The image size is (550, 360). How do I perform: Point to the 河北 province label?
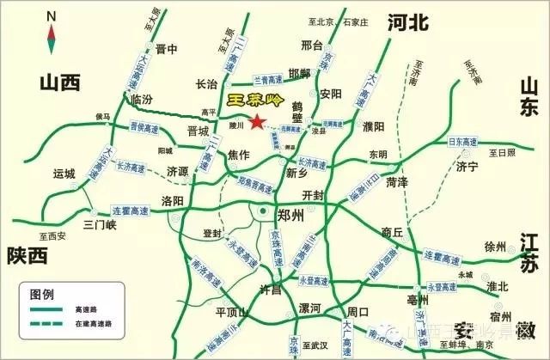(407, 23)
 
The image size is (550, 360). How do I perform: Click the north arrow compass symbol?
(51, 34)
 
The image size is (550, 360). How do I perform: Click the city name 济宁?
(468, 167)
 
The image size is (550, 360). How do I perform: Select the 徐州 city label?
(497, 247)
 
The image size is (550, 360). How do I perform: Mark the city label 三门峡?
(100, 225)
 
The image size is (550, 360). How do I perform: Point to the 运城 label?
(64, 173)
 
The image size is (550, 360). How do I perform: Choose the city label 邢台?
(312, 45)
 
